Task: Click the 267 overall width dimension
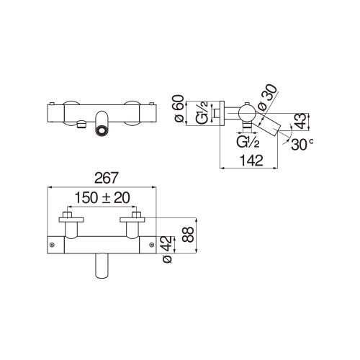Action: click(107, 178)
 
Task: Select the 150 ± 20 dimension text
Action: click(102, 197)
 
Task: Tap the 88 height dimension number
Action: click(188, 235)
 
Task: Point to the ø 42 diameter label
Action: click(167, 250)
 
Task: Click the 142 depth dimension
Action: click(251, 161)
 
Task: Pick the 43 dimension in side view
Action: click(301, 122)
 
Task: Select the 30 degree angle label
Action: click(302, 145)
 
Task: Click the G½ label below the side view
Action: click(248, 142)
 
